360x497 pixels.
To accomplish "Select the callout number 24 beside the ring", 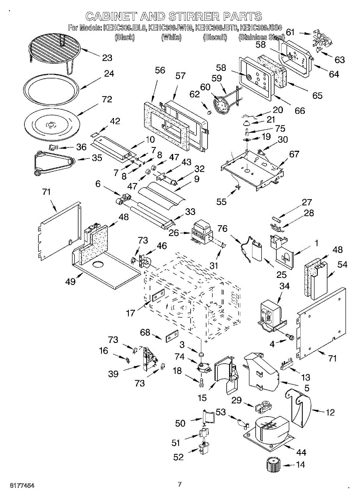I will [109, 74].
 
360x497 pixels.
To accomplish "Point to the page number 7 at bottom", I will [180, 484].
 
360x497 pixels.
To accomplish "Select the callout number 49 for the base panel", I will [70, 282].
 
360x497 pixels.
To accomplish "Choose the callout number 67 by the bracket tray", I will [294, 154].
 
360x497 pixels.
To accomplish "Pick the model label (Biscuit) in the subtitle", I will [215, 38].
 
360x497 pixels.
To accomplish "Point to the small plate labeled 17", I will [157, 296].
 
